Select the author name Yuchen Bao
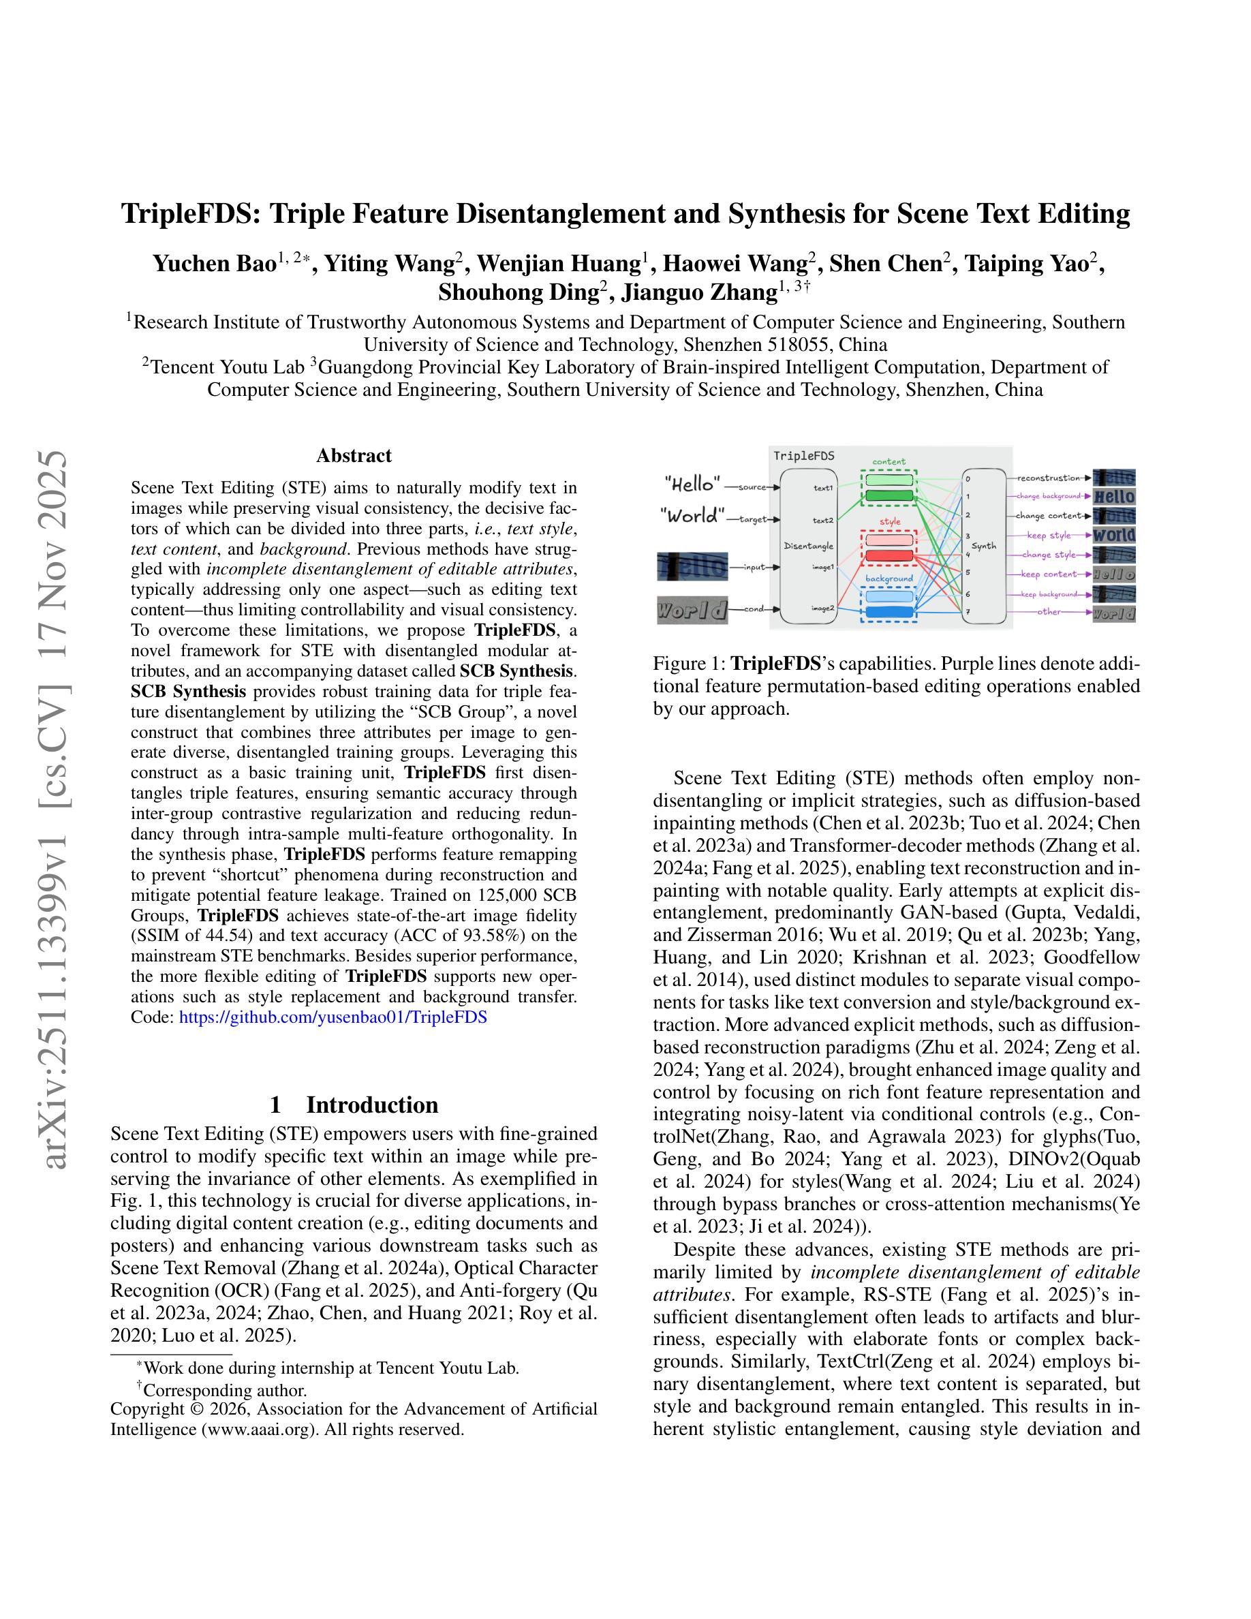tap(214, 264)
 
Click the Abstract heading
tap(354, 455)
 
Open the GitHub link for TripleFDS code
tap(333, 1017)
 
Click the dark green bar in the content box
tap(889, 495)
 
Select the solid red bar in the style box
tap(889, 555)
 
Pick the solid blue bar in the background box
tap(889, 613)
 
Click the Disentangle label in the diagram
tap(809, 546)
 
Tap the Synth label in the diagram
tap(983, 546)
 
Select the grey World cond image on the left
tap(692, 611)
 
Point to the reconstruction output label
tap(1048, 478)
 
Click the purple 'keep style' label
tap(1049, 535)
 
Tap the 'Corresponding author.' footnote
tap(225, 1390)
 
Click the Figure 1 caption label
tap(688, 664)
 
